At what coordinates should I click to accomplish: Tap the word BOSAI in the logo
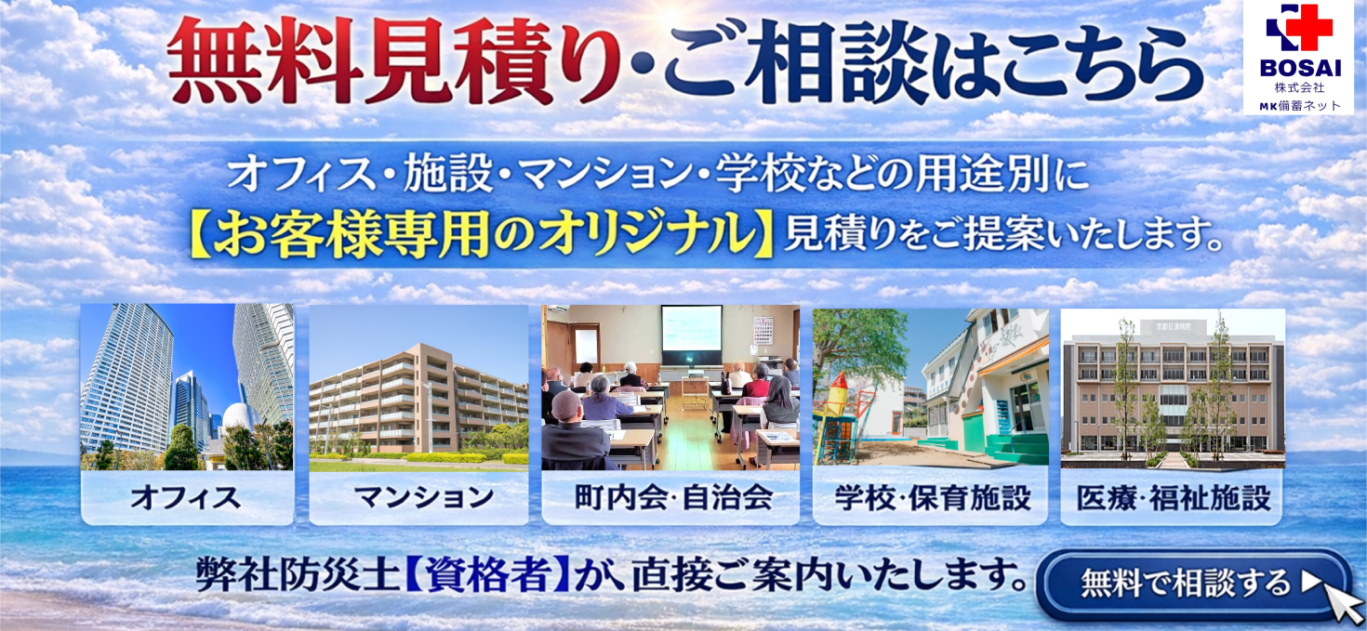point(1299,70)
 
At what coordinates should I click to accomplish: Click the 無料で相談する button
point(1186,584)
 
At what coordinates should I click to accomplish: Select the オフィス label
point(186,497)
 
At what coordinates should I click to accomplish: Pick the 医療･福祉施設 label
point(1173,497)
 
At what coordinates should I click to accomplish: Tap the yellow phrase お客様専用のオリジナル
point(484,237)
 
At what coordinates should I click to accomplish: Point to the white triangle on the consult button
point(1311,583)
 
